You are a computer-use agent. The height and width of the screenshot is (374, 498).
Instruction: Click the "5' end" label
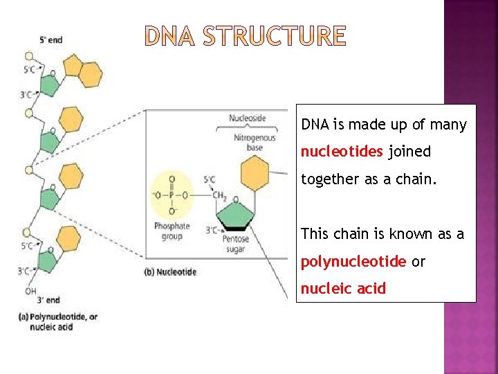click(x=50, y=39)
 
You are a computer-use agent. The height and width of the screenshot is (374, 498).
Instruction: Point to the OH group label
click(x=30, y=291)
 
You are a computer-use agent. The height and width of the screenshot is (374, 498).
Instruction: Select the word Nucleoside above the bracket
click(x=247, y=118)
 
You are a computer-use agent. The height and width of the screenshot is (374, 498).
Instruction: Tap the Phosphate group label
click(x=172, y=231)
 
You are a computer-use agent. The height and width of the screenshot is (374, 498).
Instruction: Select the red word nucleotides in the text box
click(x=342, y=151)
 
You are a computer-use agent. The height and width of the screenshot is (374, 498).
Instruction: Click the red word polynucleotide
click(x=353, y=262)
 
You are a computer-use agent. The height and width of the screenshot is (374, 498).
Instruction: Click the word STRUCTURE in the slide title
click(x=275, y=36)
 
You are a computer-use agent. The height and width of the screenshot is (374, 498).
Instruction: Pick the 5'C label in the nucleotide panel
click(x=209, y=180)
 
